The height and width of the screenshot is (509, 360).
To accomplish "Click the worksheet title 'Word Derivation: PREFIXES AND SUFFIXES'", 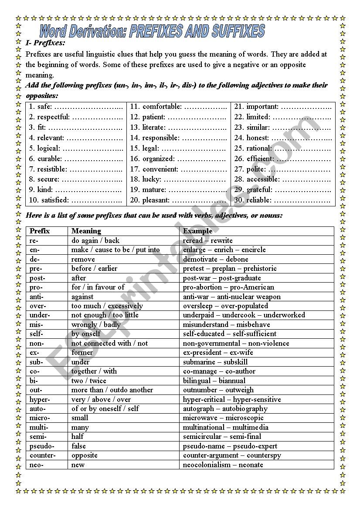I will click(x=152, y=31).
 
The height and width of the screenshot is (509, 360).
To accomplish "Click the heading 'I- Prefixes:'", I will click(x=46, y=43).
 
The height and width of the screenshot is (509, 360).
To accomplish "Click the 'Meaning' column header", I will click(x=86, y=231).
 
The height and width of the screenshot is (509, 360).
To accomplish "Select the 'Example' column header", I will click(x=197, y=231).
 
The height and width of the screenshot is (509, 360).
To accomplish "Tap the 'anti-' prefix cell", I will click(x=37, y=297).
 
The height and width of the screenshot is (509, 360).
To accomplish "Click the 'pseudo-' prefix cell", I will click(x=42, y=446).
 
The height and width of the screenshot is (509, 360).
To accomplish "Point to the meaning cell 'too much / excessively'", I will click(x=107, y=306).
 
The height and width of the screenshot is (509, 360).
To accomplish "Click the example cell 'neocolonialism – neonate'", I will click(x=223, y=465).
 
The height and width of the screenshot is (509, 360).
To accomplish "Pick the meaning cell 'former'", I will click(x=82, y=353).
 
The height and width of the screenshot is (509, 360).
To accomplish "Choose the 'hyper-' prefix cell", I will click(x=40, y=400).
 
